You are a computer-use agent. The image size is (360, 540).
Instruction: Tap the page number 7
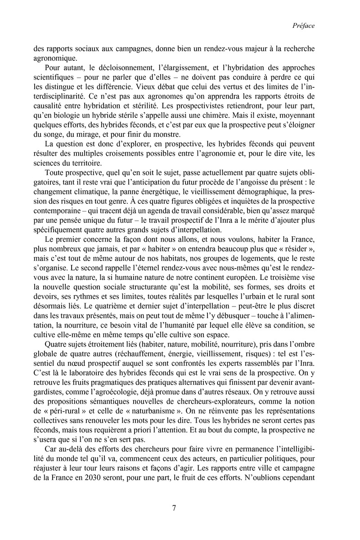(174, 508)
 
